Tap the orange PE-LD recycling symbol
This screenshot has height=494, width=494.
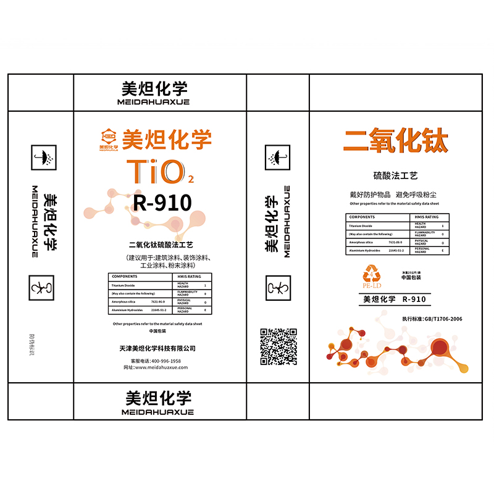pos(374,275)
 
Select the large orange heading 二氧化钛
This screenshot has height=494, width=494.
pos(395,141)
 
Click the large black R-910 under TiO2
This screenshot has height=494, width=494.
pos(162,202)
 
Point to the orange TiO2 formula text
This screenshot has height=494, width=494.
pos(159,172)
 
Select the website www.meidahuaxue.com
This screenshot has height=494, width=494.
pos(160,367)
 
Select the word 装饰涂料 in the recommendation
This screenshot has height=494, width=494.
pos(191,257)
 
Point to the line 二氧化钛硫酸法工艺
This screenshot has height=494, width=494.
pos(160,245)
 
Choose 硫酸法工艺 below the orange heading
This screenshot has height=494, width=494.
pos(395,177)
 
